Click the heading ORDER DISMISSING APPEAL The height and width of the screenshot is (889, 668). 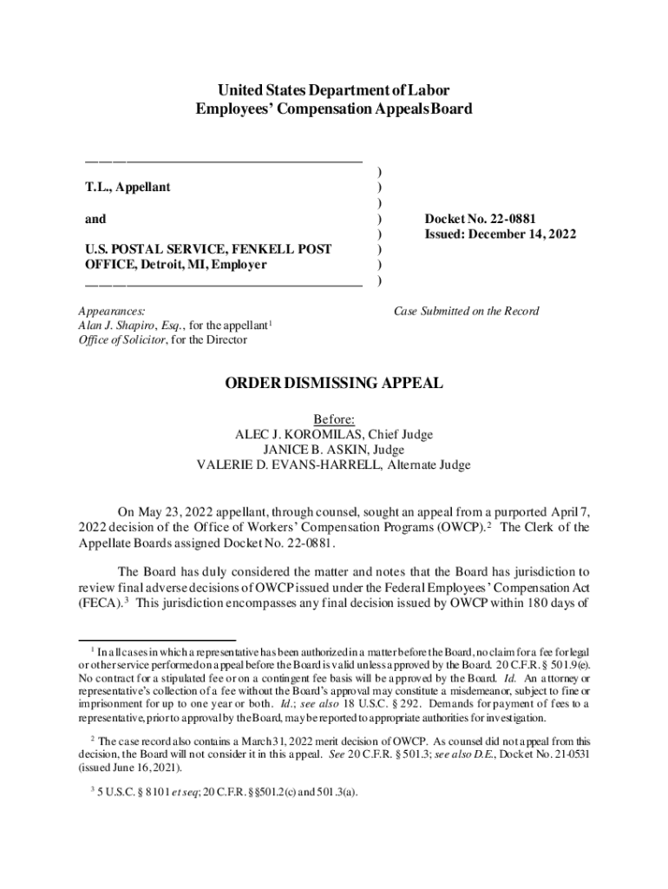click(334, 383)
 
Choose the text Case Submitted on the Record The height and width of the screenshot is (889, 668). click(467, 311)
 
